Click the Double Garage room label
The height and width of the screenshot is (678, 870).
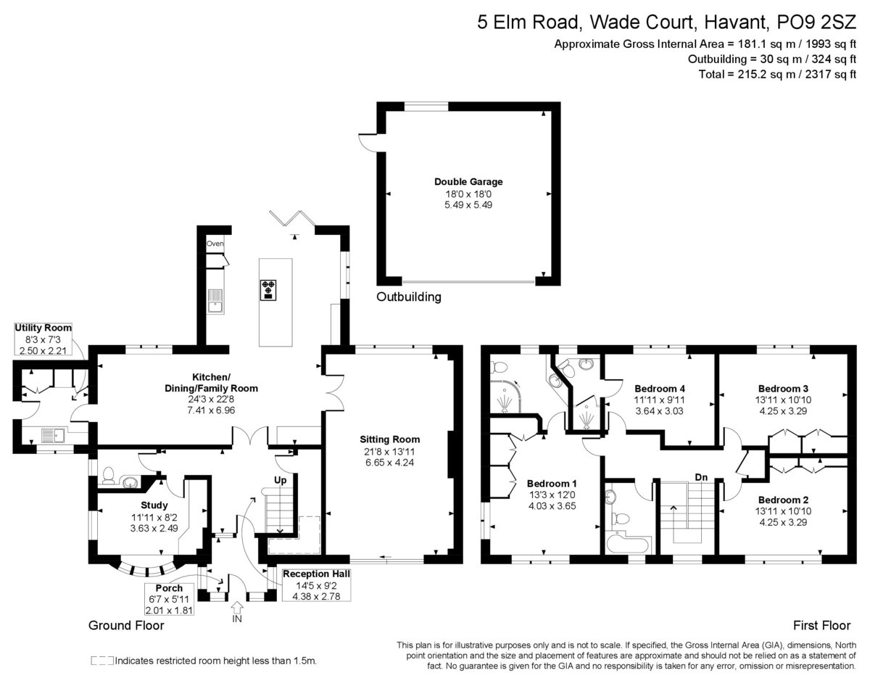pyautogui.click(x=468, y=182)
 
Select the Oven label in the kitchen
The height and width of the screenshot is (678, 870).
pyautogui.click(x=215, y=244)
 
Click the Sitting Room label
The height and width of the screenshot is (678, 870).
pyautogui.click(x=389, y=439)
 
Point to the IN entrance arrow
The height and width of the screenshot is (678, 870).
pyautogui.click(x=237, y=608)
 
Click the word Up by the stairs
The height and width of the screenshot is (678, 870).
pyautogui.click(x=281, y=481)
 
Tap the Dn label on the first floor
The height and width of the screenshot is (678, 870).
pyautogui.click(x=701, y=477)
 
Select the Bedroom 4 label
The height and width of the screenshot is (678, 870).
pyautogui.click(x=660, y=389)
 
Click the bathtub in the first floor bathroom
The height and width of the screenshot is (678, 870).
pyautogui.click(x=628, y=542)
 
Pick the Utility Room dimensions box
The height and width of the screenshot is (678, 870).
pyautogui.click(x=43, y=339)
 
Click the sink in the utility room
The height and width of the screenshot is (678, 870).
pyautogui.click(x=53, y=435)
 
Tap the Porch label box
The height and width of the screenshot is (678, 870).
pyautogui.click(x=169, y=600)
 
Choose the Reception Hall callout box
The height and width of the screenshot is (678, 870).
pyautogui.click(x=316, y=585)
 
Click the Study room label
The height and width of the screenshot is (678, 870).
pyautogui.click(x=154, y=505)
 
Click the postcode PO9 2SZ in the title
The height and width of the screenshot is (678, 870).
pyautogui.click(x=816, y=22)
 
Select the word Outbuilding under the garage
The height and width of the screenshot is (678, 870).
pyautogui.click(x=409, y=297)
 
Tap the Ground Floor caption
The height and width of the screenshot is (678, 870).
pyautogui.click(x=126, y=625)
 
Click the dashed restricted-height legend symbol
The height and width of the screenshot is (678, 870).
pyautogui.click(x=102, y=661)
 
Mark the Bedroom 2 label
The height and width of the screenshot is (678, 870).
pyautogui.click(x=783, y=500)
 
